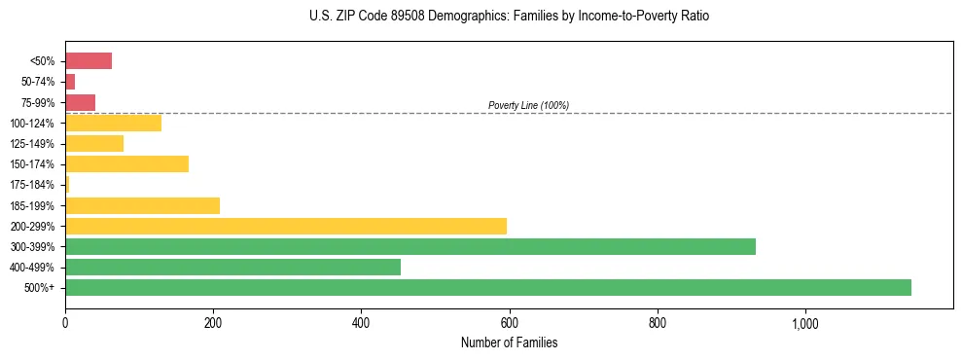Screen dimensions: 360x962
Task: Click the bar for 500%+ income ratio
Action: tap(487, 287)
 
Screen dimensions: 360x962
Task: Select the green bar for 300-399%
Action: tap(410, 246)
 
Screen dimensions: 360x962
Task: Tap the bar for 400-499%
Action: tap(232, 267)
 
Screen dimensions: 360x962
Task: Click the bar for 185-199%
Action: tap(142, 205)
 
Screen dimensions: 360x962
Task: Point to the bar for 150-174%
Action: tap(126, 164)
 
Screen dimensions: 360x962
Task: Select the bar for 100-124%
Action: tap(113, 124)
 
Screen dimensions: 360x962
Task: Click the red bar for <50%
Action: tap(88, 61)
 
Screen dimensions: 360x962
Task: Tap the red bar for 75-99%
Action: tap(80, 102)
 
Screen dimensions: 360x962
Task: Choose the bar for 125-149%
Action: tap(93, 144)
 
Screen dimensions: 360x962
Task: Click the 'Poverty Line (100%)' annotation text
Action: tap(528, 105)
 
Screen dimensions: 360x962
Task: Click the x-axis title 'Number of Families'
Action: tap(509, 342)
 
